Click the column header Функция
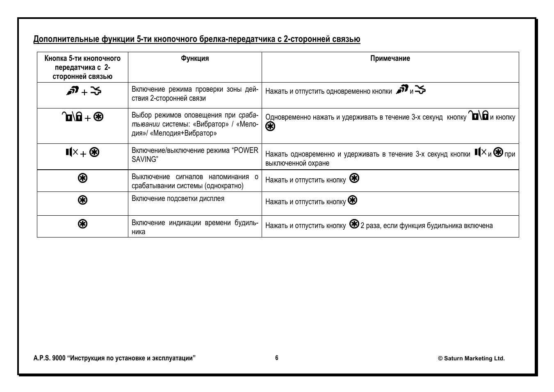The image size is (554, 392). pos(195,58)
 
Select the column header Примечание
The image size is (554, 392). pos(390,58)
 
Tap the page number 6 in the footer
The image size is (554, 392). pos(277,358)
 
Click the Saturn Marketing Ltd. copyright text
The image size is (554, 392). pos(471,358)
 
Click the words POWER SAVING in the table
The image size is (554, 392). pos(195,155)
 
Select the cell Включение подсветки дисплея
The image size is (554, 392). pos(178,198)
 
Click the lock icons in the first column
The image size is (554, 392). pos(71,117)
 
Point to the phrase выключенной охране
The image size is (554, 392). pos(297,163)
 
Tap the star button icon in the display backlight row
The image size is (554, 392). pos(82,200)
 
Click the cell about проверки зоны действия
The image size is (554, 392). pos(195,94)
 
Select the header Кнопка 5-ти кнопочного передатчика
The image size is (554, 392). pos(82,67)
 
